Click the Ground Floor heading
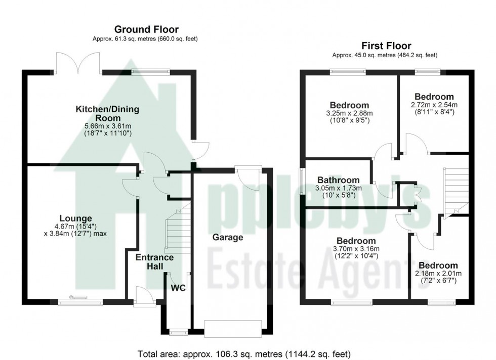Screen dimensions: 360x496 click(146, 30)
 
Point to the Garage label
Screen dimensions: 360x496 click(227, 237)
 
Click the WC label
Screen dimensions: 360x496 click(179, 288)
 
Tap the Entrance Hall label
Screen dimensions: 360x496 click(154, 262)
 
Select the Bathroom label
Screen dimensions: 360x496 click(338, 180)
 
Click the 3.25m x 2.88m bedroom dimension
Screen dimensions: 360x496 click(349, 113)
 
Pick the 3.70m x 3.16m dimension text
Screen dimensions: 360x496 click(356, 249)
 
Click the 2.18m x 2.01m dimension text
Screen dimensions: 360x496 click(438, 274)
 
